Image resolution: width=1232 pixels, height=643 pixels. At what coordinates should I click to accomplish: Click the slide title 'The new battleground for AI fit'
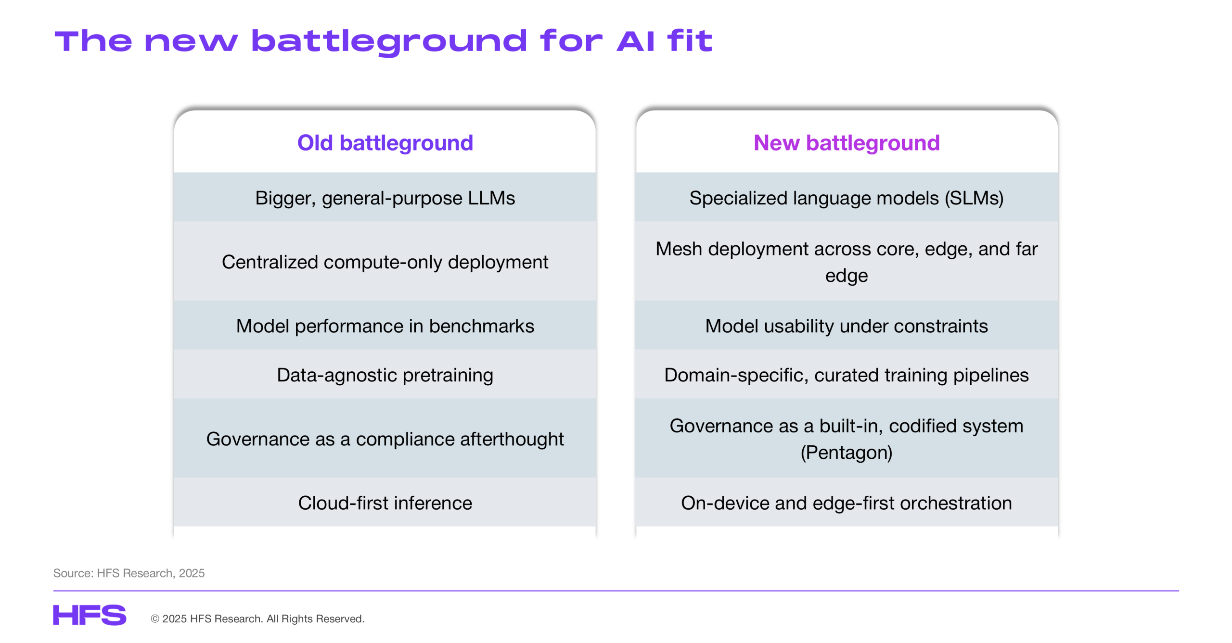(383, 42)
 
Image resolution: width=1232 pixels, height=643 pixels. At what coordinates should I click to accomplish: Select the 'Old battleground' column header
(385, 143)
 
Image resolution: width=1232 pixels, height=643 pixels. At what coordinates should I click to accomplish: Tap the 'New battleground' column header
(847, 143)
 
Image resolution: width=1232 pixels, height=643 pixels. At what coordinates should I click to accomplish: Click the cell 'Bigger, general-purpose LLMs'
(385, 198)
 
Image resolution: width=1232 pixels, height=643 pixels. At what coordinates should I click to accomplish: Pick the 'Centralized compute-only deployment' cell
(385, 262)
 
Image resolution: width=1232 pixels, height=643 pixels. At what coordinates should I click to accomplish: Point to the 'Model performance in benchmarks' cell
(385, 326)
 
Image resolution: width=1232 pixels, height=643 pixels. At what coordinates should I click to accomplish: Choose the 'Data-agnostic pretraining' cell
(385, 375)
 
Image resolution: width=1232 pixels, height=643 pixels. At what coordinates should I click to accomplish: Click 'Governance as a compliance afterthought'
(385, 439)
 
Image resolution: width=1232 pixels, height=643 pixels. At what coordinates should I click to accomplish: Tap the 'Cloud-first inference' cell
(385, 503)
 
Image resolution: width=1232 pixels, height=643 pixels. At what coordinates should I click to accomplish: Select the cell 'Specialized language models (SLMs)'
(847, 198)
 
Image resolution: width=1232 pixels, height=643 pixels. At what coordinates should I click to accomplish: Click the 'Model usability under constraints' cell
(847, 326)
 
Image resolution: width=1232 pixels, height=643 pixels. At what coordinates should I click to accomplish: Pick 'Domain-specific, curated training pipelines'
(847, 375)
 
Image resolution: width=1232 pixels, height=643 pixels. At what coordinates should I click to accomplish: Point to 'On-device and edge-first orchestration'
(847, 503)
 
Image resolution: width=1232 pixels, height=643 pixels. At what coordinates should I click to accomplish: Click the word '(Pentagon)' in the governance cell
(847, 453)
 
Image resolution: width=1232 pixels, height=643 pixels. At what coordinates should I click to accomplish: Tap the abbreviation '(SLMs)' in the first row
(974, 198)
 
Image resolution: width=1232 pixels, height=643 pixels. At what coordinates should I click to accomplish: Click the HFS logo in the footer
(90, 615)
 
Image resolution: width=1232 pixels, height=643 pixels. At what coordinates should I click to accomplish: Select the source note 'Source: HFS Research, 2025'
(129, 573)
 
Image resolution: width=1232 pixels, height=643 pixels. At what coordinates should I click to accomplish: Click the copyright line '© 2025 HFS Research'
(257, 619)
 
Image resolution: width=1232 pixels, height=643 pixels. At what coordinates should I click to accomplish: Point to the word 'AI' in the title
(635, 42)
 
